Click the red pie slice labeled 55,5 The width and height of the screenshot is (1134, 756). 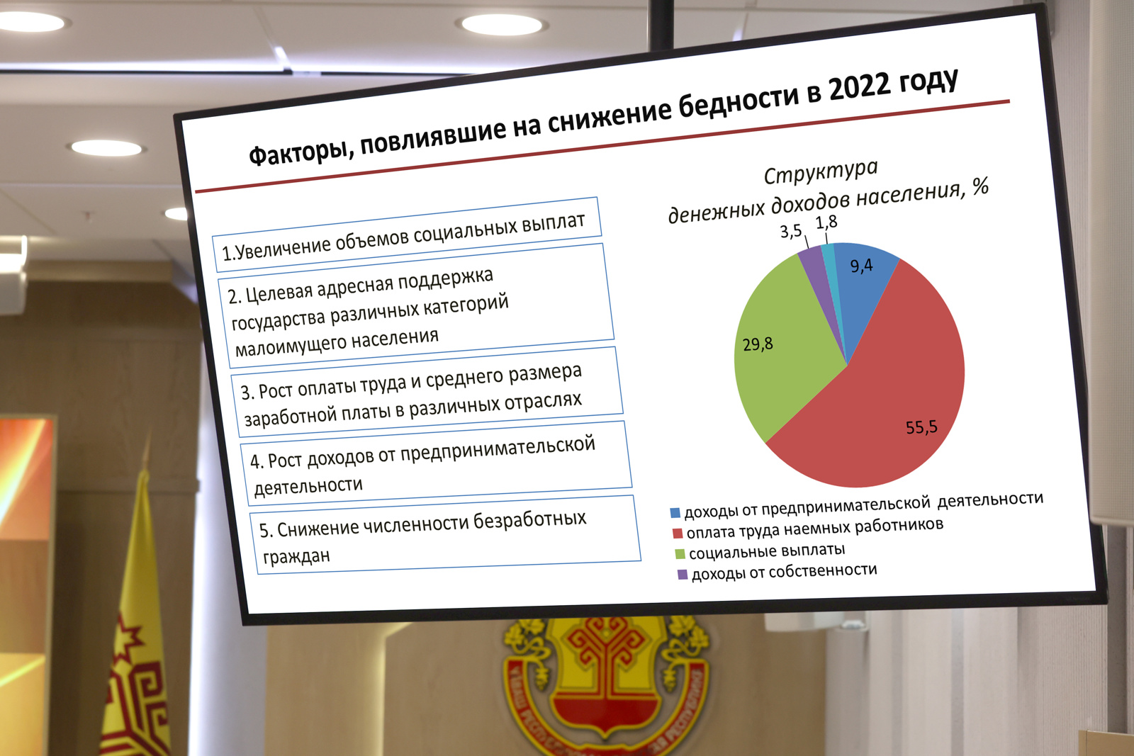click(891, 400)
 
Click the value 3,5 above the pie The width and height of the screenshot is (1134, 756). click(791, 231)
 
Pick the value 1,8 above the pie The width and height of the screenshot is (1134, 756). click(826, 222)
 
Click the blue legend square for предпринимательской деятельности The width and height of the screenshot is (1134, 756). click(675, 512)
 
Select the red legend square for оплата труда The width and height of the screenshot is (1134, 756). click(678, 534)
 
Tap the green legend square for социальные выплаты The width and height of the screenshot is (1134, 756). click(680, 554)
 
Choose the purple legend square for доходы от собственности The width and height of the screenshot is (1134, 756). click(683, 575)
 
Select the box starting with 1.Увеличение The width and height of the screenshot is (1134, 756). click(407, 235)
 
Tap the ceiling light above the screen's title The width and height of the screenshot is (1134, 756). click(502, 25)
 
